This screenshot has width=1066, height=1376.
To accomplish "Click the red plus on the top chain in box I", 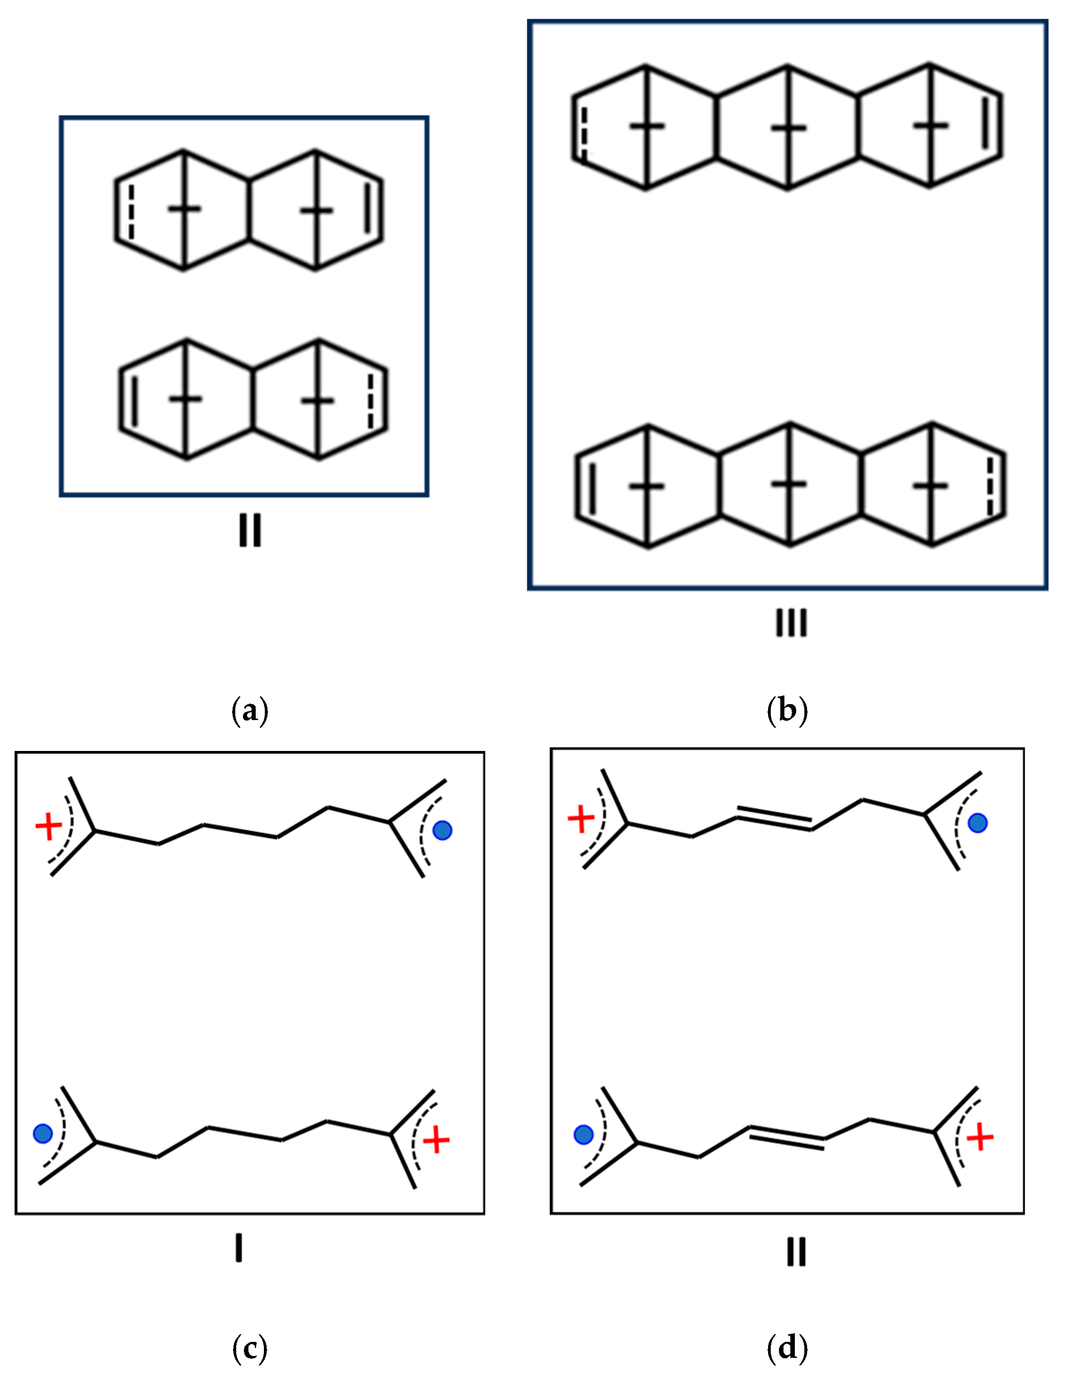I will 49,826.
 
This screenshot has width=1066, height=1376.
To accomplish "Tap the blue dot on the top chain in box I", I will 443,831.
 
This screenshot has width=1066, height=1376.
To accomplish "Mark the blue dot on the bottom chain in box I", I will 42,1134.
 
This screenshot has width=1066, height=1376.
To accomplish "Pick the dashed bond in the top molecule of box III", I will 583,132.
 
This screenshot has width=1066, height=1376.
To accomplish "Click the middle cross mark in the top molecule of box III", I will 789,127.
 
